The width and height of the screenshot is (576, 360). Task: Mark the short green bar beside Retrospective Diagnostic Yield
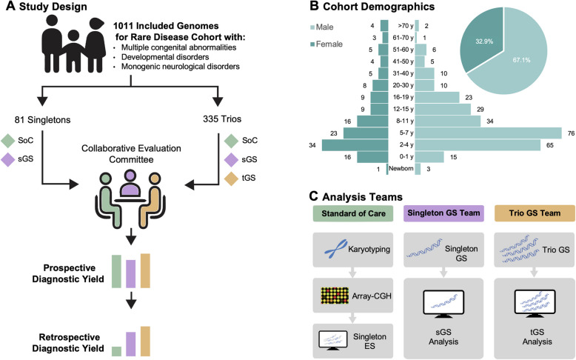117,351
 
